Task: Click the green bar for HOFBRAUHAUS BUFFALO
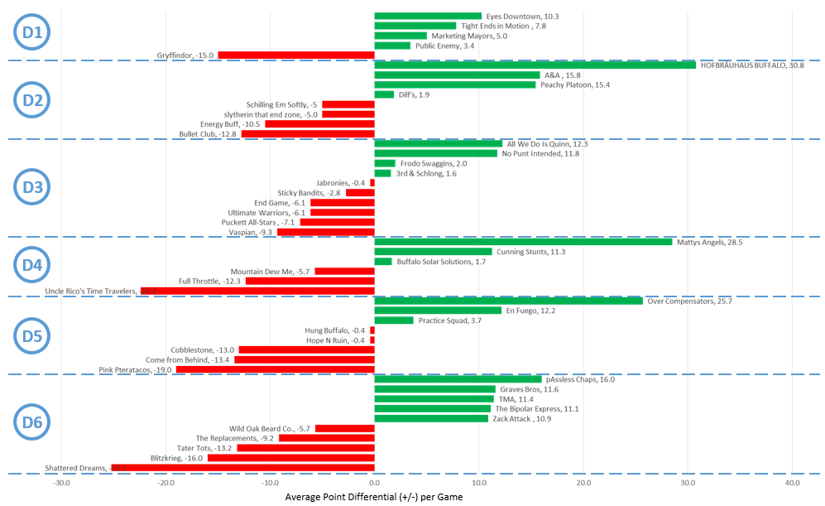tap(535, 65)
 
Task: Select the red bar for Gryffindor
tap(295, 55)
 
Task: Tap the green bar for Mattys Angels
tap(523, 242)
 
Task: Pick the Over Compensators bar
tap(508, 301)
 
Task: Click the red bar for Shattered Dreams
tap(242, 468)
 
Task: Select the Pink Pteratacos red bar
tap(275, 369)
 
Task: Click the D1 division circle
tap(32, 33)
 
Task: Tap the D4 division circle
tap(32, 266)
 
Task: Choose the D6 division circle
tap(32, 423)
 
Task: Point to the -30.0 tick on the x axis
tap(61, 483)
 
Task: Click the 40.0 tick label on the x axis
tap(792, 483)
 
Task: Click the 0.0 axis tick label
tap(374, 483)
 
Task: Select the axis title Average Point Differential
tap(374, 497)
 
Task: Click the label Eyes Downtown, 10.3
tap(522, 16)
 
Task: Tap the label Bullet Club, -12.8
tap(208, 134)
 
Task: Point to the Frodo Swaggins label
tap(432, 163)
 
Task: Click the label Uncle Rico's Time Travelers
tap(90, 291)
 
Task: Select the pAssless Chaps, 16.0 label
tap(580, 379)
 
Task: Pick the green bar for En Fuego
tap(438, 311)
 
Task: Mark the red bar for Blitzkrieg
tap(290, 458)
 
